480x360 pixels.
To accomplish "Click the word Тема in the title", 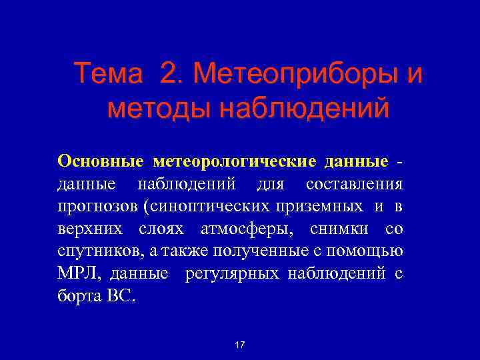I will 108,73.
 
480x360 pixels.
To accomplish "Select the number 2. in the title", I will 171,73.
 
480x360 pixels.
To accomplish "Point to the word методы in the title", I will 148,107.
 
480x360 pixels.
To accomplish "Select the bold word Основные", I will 101,161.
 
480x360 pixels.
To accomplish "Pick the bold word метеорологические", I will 235,162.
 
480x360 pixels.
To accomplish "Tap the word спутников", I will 95,251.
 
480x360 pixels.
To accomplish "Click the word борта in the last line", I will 77,296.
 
